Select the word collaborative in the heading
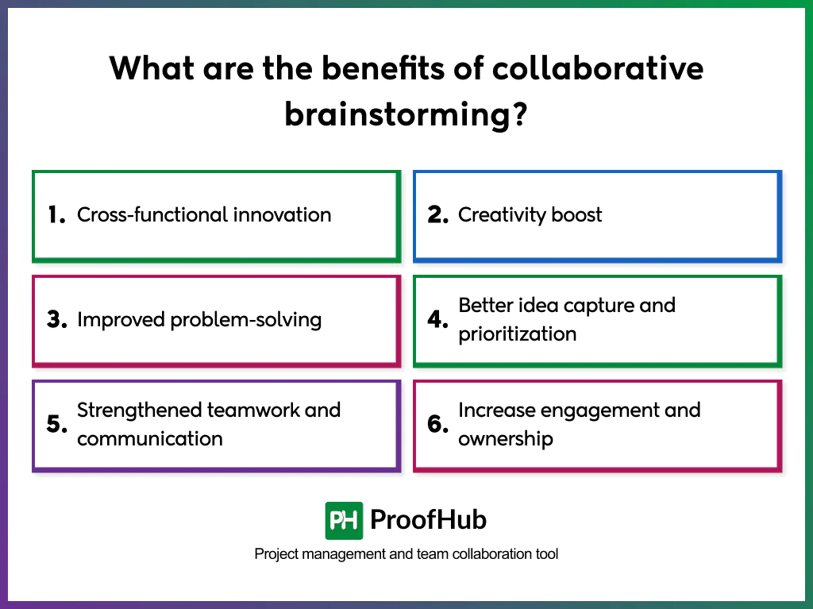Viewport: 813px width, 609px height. pos(597,68)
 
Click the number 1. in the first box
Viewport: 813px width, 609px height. pos(56,215)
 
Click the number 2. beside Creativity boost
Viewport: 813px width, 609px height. pos(438,215)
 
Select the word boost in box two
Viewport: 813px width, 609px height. pos(576,214)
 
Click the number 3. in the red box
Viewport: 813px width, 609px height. pos(56,320)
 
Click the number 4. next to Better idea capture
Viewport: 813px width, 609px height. pos(438,320)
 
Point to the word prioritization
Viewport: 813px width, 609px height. pos(517,333)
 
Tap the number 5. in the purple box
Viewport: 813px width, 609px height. pos(56,425)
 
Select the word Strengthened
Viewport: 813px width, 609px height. pos(139,410)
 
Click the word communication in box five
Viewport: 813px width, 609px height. pos(149,438)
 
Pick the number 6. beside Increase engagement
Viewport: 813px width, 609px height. pos(438,425)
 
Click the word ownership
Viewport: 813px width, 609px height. pos(505,438)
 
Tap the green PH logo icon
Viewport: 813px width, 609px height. pos(344,521)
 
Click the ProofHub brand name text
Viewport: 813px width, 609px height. pos(428,520)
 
